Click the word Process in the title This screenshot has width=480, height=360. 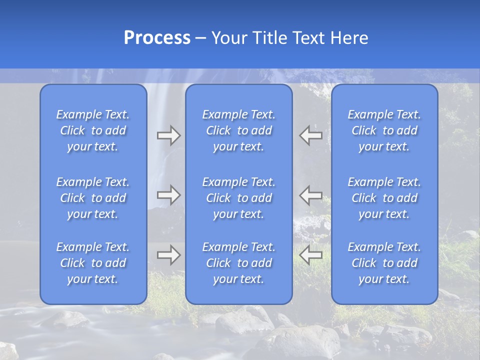(x=157, y=38)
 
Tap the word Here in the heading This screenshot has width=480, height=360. (x=349, y=38)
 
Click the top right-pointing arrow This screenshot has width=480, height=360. (x=168, y=135)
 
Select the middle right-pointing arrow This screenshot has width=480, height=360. (x=168, y=195)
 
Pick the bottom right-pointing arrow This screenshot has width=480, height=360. (x=168, y=255)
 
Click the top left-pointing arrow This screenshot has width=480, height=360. (x=311, y=135)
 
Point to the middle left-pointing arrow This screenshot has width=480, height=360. (x=311, y=195)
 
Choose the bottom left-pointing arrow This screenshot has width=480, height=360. (x=311, y=255)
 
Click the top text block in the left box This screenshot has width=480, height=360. (x=93, y=130)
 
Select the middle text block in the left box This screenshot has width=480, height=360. (x=93, y=198)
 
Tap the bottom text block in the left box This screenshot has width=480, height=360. (x=93, y=263)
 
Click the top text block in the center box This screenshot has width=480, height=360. (x=239, y=130)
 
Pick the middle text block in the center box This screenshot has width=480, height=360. (x=239, y=198)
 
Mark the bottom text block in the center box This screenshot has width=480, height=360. (x=239, y=263)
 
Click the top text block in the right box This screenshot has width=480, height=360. (x=384, y=130)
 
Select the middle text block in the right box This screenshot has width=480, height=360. (x=384, y=198)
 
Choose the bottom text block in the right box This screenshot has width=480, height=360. (x=384, y=263)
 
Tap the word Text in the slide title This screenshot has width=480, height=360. (x=309, y=38)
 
